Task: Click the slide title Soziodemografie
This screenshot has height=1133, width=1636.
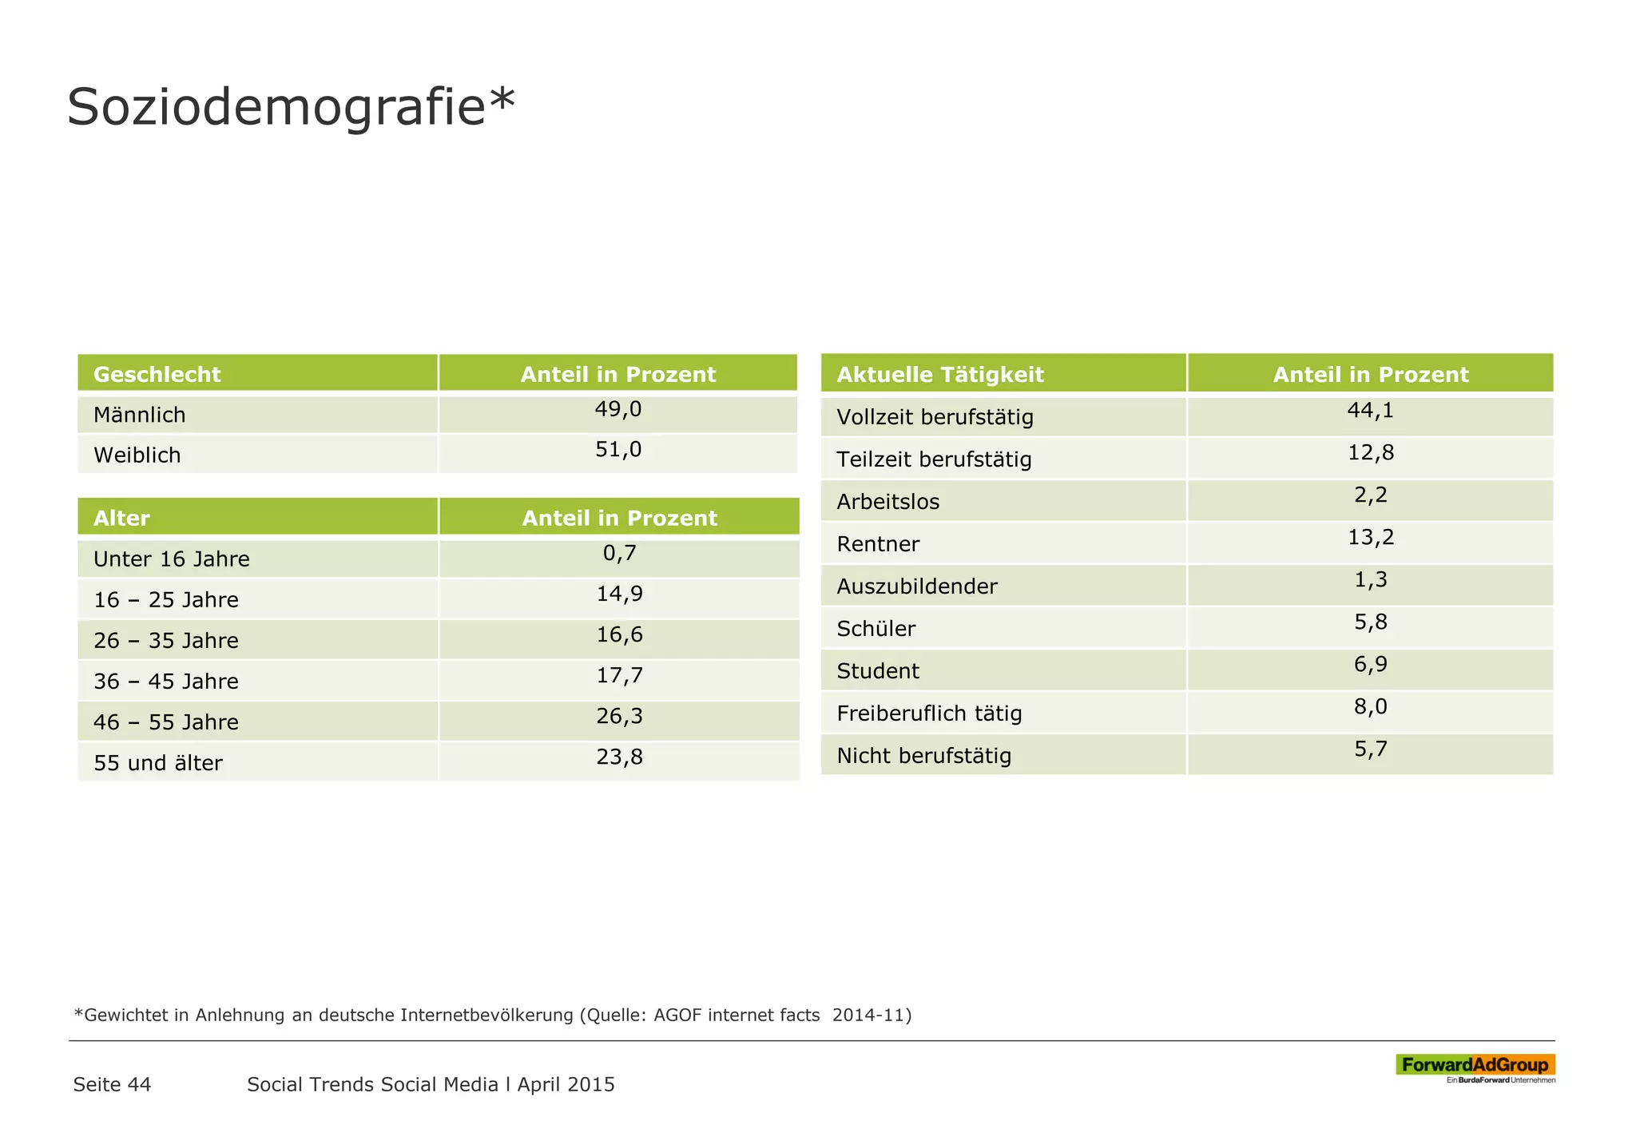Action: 290,107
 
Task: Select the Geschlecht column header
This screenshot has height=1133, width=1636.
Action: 157,374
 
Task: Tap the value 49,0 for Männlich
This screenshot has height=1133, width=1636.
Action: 618,409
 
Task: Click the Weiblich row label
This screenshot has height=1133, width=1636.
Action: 137,455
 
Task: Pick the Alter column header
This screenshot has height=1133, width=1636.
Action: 121,518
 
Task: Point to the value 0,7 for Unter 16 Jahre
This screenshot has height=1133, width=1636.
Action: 619,553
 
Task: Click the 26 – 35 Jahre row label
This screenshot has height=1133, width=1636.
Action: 166,641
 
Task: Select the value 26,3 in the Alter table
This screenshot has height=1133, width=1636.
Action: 619,716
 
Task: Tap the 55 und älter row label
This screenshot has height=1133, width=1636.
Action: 158,763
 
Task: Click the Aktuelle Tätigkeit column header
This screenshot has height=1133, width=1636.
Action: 940,374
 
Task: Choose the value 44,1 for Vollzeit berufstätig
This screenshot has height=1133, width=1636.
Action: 1371,411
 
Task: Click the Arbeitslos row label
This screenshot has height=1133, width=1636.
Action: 887,502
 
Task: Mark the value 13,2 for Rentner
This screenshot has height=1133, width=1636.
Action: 1371,537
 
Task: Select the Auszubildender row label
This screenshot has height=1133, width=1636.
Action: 917,586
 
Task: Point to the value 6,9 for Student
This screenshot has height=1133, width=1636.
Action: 1371,664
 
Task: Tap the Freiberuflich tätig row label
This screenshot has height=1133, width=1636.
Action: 929,714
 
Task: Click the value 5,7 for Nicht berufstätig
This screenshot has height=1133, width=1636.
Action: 1371,749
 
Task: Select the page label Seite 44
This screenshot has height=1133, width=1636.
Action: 112,1084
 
